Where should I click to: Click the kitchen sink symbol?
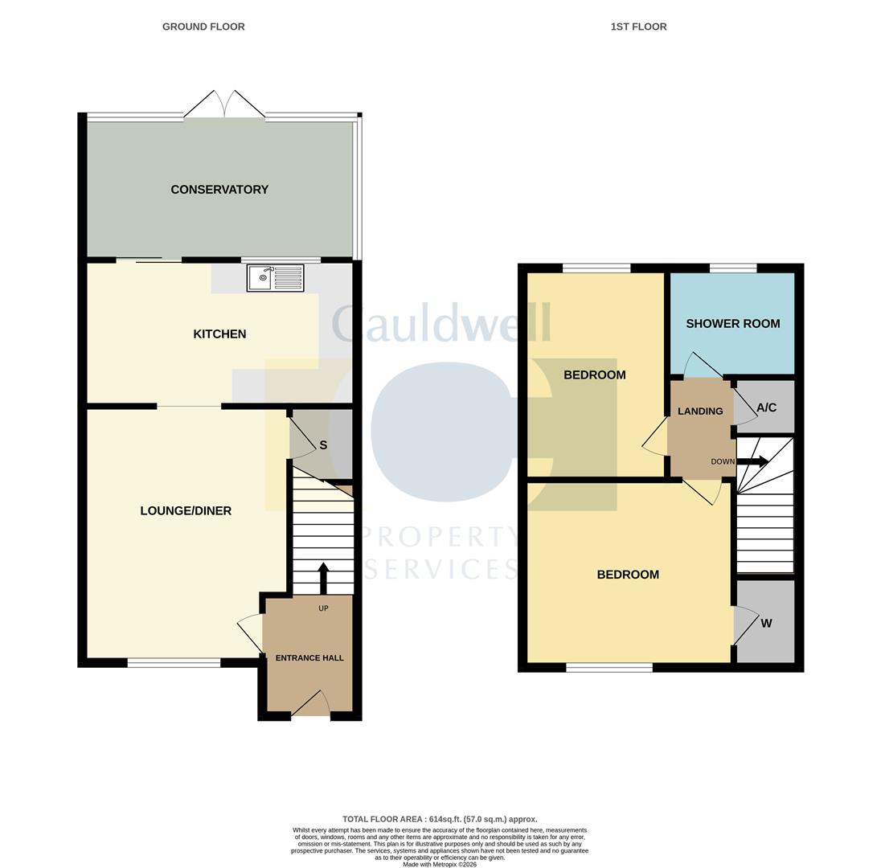tap(275, 278)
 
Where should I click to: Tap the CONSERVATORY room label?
tap(219, 190)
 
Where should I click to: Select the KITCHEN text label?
tap(219, 334)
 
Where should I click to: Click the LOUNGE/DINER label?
tap(186, 510)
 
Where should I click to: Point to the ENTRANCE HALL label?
tap(309, 658)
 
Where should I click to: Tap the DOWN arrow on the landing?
tap(752, 462)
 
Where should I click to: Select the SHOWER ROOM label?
tap(732, 324)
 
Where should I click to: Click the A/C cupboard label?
tap(766, 407)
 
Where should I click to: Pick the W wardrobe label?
tap(766, 623)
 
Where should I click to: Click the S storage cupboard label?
tap(323, 445)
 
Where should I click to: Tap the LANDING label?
tap(700, 411)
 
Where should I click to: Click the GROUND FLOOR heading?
tap(203, 27)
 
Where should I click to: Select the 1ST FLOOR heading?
tap(639, 27)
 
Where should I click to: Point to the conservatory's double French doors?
tap(225, 104)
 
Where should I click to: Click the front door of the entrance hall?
tap(311, 703)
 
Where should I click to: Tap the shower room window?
tap(732, 268)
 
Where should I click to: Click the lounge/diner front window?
tap(174, 663)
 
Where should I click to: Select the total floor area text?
tap(440, 819)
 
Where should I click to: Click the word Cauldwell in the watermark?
tap(441, 323)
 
